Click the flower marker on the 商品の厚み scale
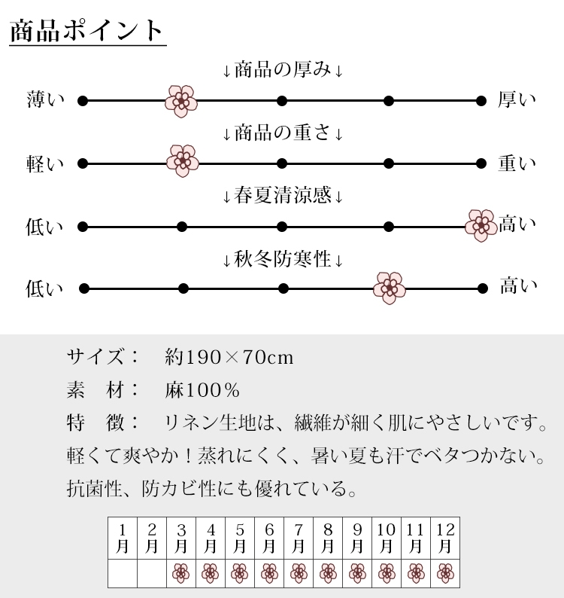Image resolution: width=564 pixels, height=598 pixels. pos(181,101)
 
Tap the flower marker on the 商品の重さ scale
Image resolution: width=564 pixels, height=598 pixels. pos(183,161)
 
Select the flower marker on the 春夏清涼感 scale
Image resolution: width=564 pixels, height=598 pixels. pos(481,225)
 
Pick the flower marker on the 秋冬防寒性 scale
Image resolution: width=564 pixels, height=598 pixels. pos(390,288)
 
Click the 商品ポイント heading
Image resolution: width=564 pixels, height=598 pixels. pos(86,31)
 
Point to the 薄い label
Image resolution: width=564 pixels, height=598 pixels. pos(45,99)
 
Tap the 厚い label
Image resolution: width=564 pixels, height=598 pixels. pos(517,99)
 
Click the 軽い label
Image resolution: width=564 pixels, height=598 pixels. pos(45,164)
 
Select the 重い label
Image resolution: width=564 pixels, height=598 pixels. pos(517,163)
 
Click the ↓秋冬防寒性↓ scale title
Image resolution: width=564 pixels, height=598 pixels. pos(283,259)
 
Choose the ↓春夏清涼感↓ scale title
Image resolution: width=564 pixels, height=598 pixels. pos(283,196)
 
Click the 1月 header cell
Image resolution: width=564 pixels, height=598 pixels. pos(123,538)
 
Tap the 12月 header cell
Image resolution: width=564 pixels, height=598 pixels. pos(445,538)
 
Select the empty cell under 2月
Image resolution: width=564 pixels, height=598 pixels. pos(152,574)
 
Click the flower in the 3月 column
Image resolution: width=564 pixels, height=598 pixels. pos(181,573)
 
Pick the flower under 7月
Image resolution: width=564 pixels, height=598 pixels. pos(299,573)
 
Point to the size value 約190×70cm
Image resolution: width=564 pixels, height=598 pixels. pos(229,357)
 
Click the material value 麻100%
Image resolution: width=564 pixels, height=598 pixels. pos(202,390)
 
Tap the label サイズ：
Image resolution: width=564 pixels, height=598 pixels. pos(102,357)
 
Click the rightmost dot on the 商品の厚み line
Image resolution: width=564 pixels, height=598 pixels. pos(481,101)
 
